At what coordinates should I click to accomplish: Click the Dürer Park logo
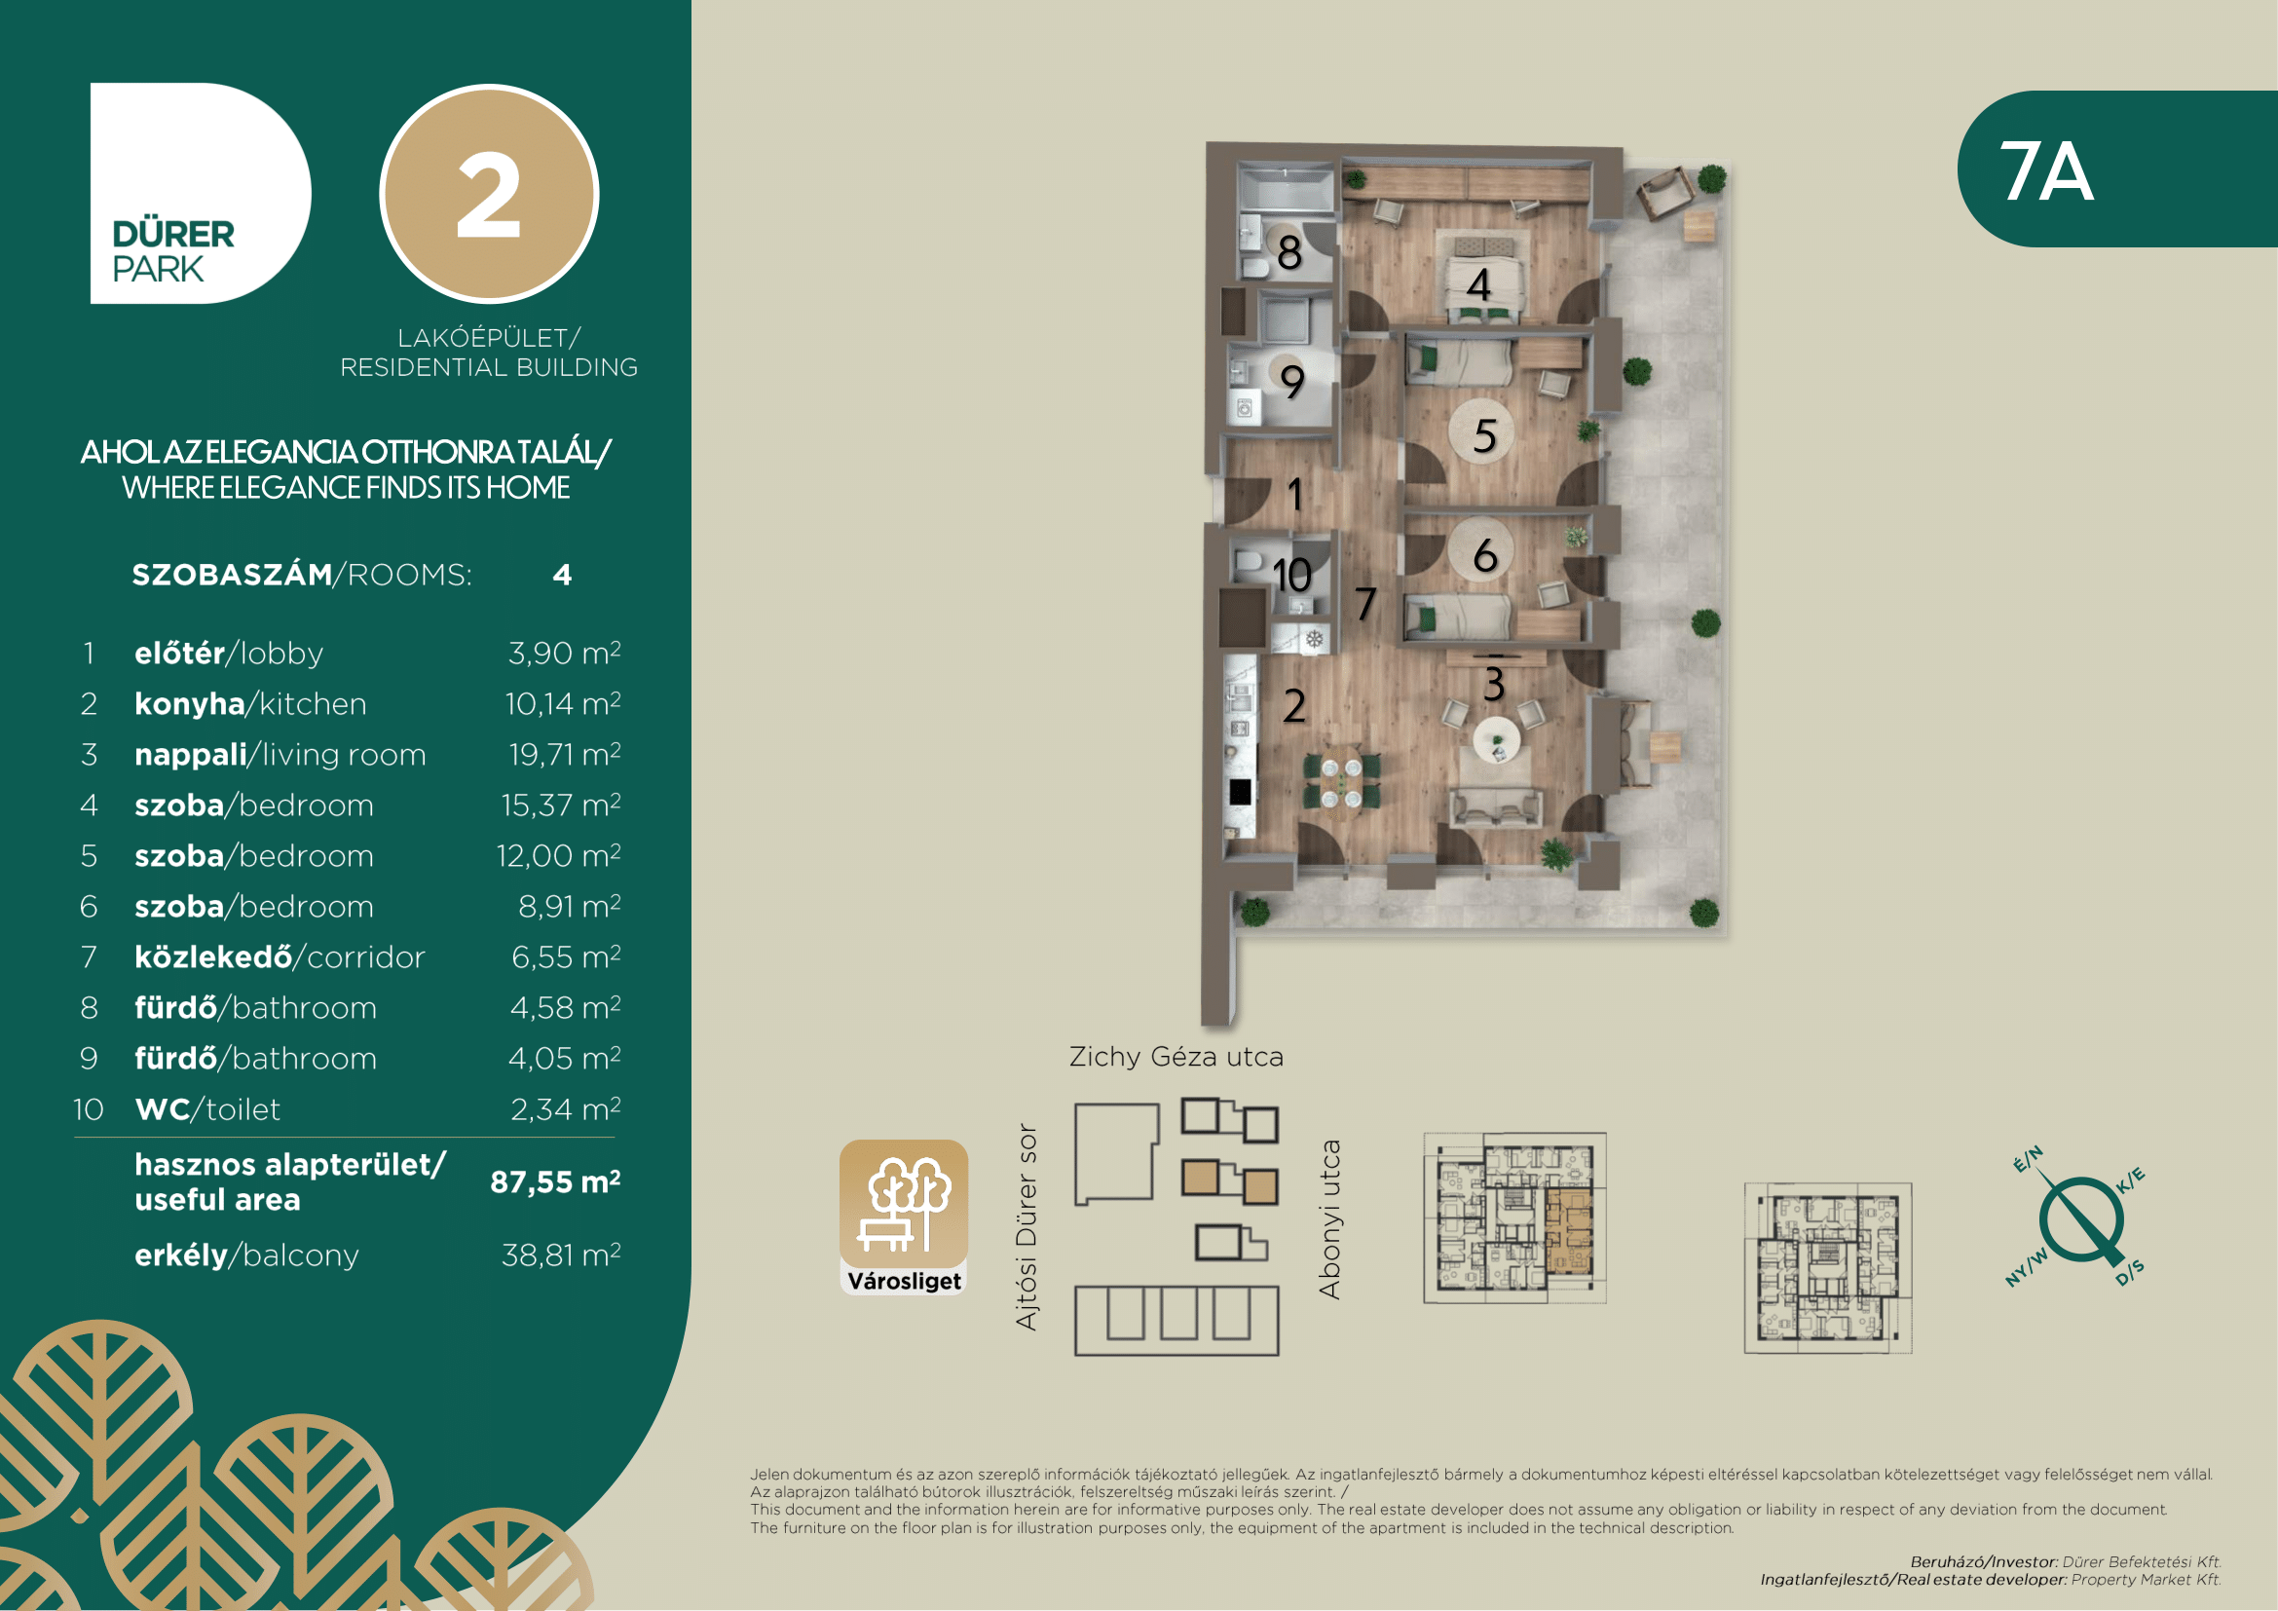click(201, 194)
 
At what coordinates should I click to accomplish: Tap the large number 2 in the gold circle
click(488, 196)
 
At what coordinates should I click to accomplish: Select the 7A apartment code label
click(2046, 170)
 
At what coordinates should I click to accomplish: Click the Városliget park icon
click(903, 1217)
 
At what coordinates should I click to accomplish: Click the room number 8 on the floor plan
click(1288, 253)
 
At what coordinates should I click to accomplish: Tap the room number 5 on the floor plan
click(1484, 435)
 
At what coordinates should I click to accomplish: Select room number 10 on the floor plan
click(1291, 576)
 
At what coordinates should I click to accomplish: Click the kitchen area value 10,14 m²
click(563, 703)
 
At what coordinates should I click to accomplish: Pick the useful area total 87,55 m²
click(555, 1181)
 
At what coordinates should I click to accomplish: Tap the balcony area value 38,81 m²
click(561, 1255)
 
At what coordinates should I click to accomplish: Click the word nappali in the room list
click(191, 756)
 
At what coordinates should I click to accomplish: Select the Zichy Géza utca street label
click(1176, 1057)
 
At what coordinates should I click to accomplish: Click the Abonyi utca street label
click(1329, 1219)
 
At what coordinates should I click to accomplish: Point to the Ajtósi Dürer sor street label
click(1027, 1227)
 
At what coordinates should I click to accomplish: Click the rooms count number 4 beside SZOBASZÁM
click(563, 576)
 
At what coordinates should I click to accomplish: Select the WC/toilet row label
click(207, 1109)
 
